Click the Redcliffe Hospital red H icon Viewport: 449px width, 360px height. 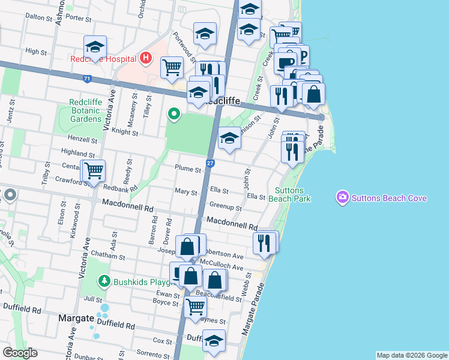tap(145, 59)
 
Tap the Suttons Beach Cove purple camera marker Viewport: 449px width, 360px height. tap(343, 197)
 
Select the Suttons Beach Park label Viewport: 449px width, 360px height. tap(289, 194)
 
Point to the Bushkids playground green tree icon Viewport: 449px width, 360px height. tap(104, 280)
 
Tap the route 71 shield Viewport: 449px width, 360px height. tap(88, 79)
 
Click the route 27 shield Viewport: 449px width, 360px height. tap(210, 163)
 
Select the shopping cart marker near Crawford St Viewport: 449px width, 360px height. tap(93, 171)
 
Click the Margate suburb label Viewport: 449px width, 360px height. tap(75, 317)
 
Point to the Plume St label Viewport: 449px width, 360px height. tap(188, 169)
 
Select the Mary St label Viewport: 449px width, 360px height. tap(185, 193)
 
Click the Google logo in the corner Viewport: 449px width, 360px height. tap(20, 353)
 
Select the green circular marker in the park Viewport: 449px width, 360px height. tap(174, 113)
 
